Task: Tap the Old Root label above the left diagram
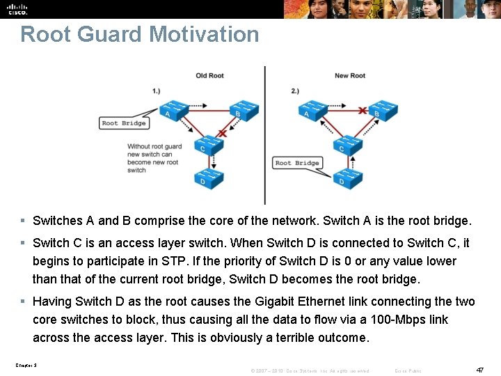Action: tap(209, 76)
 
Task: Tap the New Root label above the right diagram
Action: tap(349, 76)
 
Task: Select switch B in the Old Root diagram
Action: tap(243, 109)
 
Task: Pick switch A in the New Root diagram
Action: tap(312, 109)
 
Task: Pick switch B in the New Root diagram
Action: tap(382, 109)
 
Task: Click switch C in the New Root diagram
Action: tap(347, 144)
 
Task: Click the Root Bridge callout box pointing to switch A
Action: tap(124, 123)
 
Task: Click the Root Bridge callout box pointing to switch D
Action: tap(297, 163)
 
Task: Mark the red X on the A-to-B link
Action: tap(362, 110)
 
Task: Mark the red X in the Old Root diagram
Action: tap(222, 132)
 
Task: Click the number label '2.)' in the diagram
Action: tap(295, 91)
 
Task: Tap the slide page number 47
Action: tap(479, 370)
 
